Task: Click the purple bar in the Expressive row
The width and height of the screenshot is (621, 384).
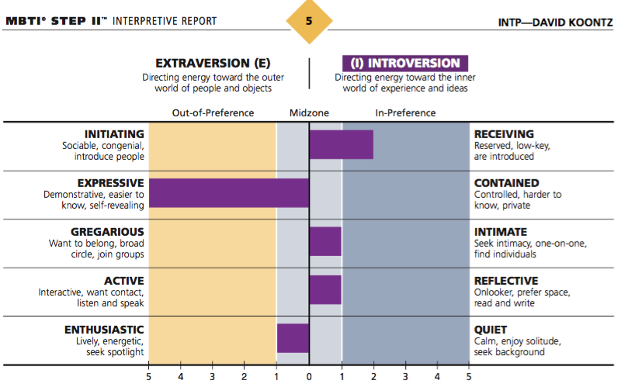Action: (x=229, y=193)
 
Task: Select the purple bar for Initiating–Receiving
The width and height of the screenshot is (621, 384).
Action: (x=341, y=145)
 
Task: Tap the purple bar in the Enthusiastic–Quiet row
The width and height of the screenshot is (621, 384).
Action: (x=293, y=338)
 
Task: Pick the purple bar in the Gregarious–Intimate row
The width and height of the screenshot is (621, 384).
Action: (x=325, y=241)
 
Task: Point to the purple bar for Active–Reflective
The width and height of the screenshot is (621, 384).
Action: (x=325, y=289)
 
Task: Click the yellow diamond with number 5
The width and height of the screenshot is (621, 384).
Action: (x=309, y=21)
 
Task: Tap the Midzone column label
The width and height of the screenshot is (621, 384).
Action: (x=309, y=112)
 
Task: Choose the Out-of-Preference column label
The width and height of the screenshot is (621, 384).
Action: (x=213, y=112)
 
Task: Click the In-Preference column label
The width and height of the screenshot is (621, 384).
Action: (x=405, y=112)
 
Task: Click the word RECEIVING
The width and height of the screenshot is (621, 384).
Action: (x=504, y=134)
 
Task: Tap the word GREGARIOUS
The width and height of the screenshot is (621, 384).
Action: (x=107, y=231)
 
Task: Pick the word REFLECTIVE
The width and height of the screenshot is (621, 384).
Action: (x=506, y=280)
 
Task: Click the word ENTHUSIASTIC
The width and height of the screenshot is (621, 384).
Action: (x=104, y=330)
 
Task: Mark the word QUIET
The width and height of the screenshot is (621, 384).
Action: (x=491, y=330)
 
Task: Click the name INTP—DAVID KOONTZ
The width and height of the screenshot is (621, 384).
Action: (x=554, y=21)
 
